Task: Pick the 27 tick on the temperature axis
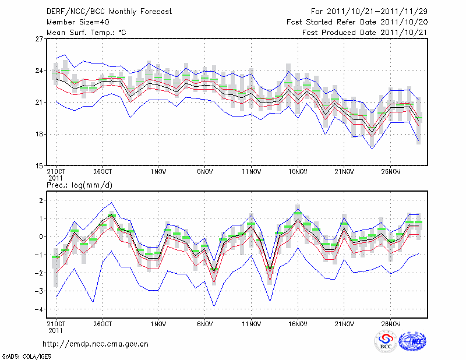(40, 39)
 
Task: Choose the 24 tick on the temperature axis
(40, 71)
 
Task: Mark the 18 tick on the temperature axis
(40, 134)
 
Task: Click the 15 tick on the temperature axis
(40, 166)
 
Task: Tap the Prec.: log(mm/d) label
(79, 185)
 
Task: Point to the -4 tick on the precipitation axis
(40, 309)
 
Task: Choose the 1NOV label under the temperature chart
(158, 172)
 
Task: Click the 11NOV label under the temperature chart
(251, 172)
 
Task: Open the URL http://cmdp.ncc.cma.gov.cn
(96, 344)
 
